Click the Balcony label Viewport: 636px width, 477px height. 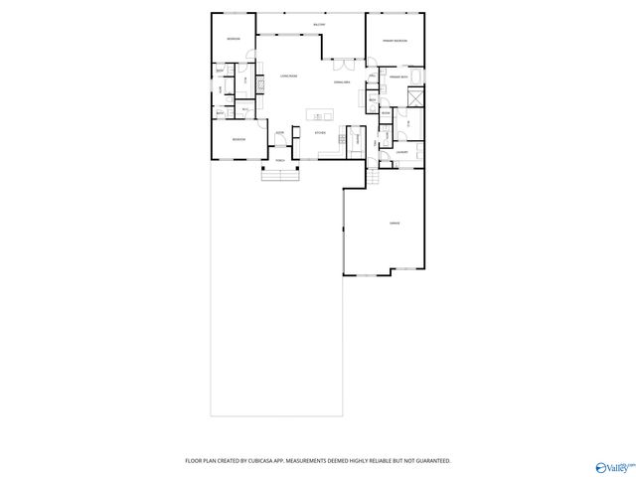click(319, 24)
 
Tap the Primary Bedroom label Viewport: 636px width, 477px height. click(397, 41)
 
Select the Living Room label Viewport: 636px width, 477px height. click(289, 77)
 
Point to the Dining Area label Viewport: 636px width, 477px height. click(341, 82)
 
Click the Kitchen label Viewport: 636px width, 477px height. click(321, 132)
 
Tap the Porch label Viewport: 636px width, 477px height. click(281, 159)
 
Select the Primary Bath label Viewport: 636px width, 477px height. click(399, 77)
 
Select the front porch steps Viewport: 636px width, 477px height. click(281, 175)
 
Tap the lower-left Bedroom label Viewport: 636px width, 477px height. click(239, 140)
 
